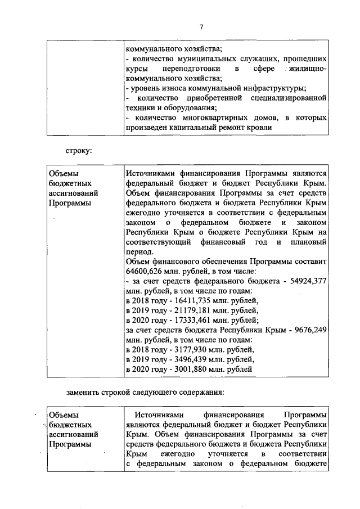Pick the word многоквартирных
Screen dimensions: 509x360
click(214, 118)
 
